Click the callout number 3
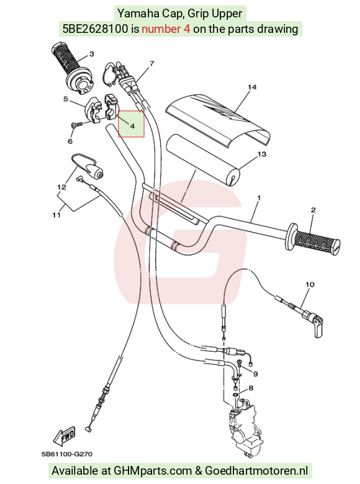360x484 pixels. pos(91,54)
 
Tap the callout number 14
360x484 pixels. pos(252,87)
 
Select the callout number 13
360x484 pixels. pos(261,154)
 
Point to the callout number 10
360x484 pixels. pos(310,284)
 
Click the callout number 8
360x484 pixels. pos(251,388)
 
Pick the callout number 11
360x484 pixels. pos(56,215)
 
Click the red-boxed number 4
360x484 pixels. pos(132,126)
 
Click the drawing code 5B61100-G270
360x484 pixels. pos(66,454)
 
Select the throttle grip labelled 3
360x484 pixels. pos(73,68)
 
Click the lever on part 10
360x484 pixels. pos(318,328)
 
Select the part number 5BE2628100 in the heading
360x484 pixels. pos(95,29)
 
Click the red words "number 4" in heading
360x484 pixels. pos(166,29)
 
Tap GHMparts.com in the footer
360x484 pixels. pos(153,471)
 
